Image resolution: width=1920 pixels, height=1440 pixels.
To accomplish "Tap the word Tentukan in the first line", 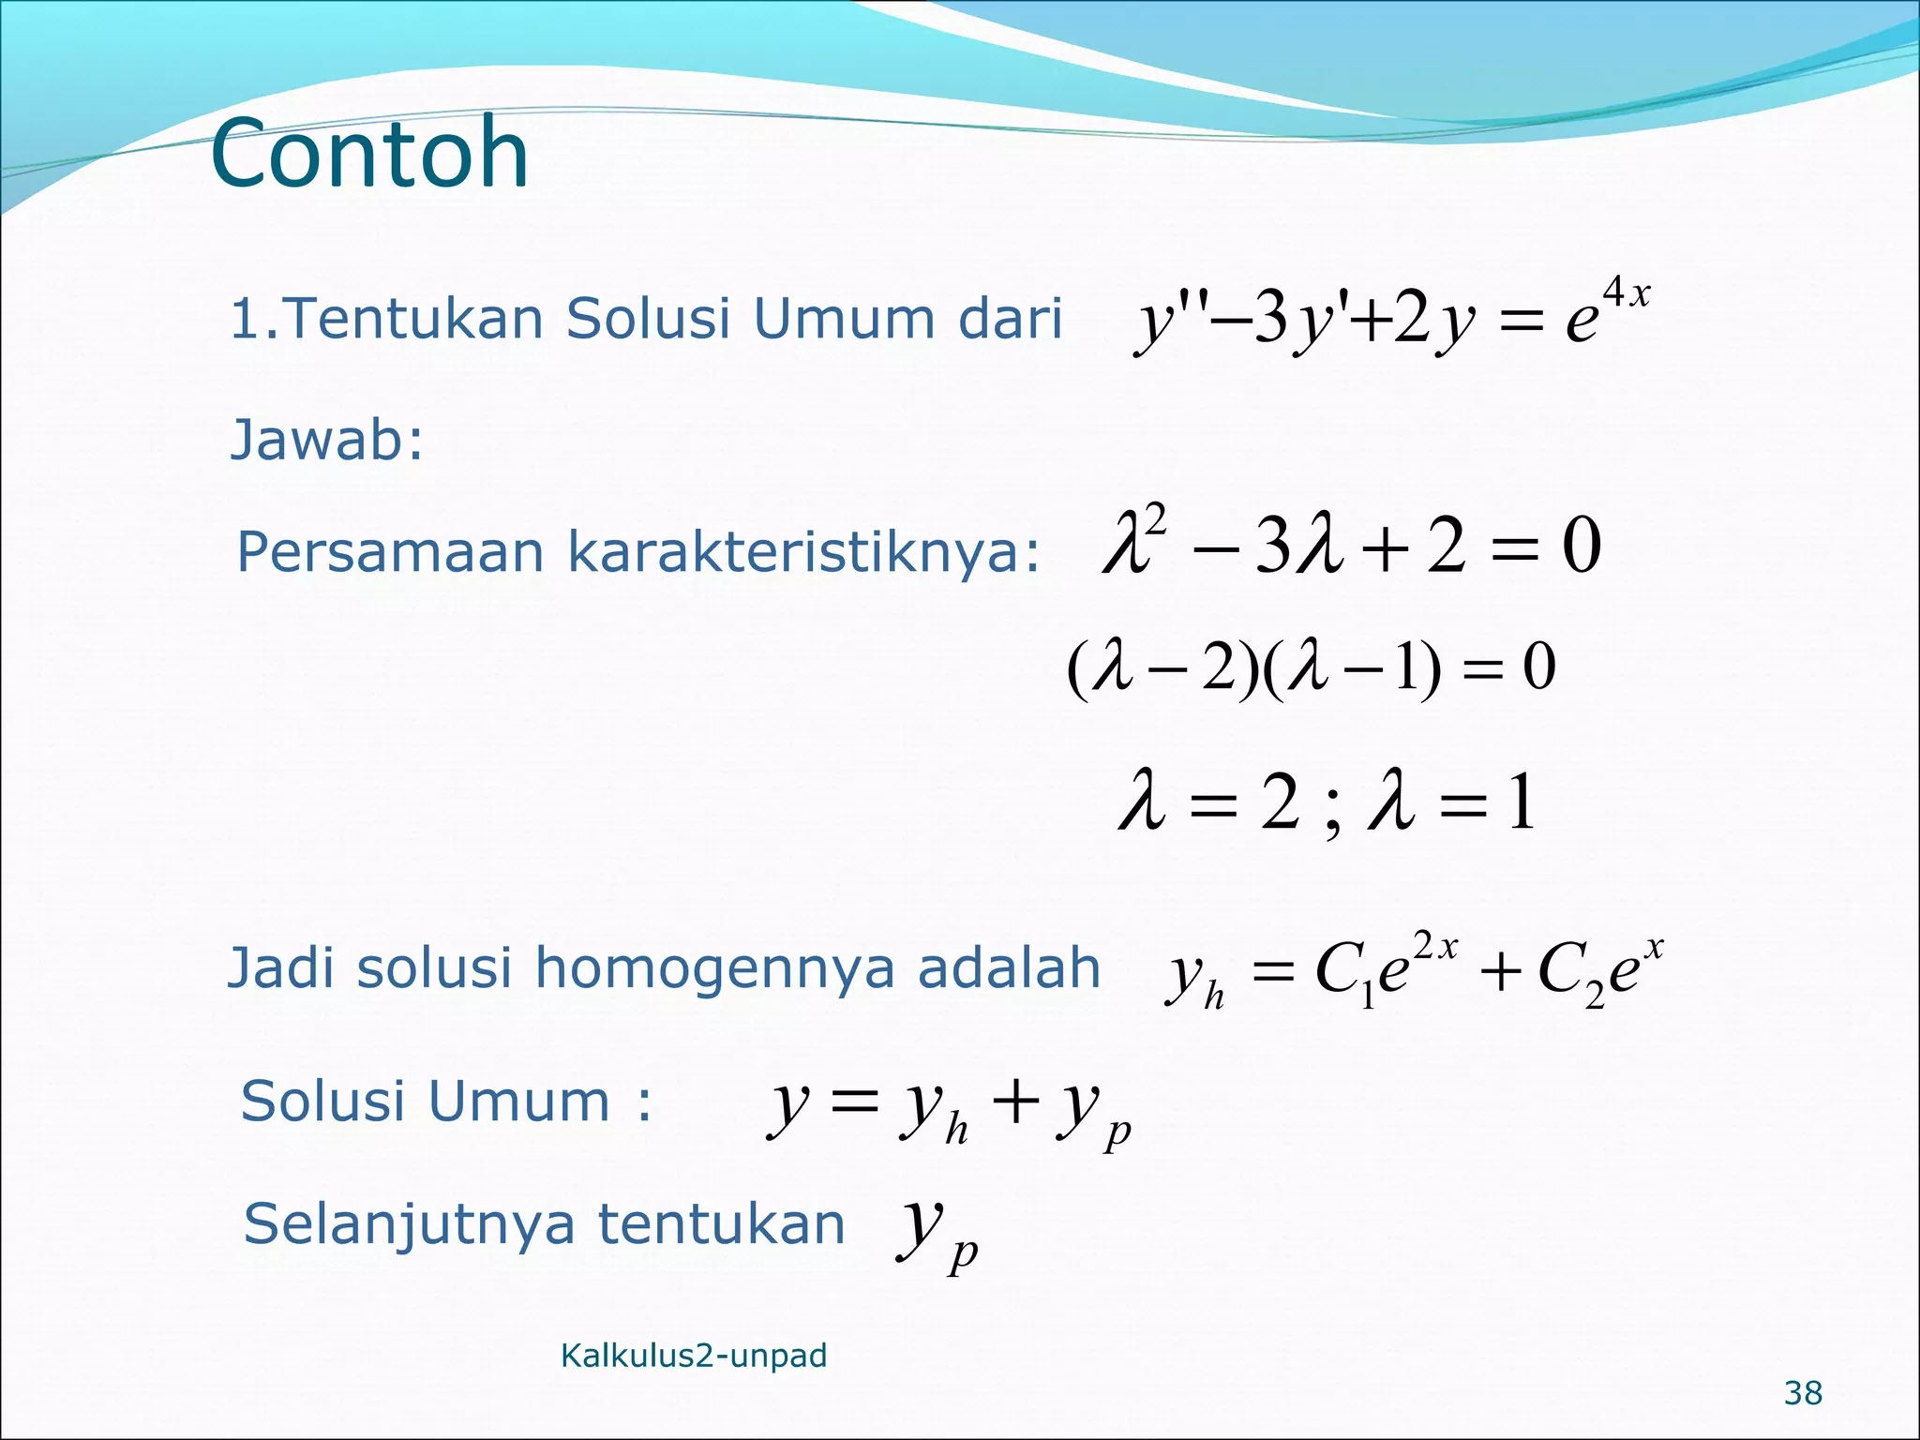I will pyautogui.click(x=413, y=319).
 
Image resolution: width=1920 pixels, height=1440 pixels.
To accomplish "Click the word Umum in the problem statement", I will pyautogui.click(x=844, y=319).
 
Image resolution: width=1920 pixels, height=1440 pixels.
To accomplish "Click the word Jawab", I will pyautogui.click(x=326, y=440).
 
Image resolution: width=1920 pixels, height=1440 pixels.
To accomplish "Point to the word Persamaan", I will pyautogui.click(x=390, y=552).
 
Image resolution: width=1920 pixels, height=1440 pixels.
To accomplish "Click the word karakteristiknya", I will pyautogui.click(x=803, y=552).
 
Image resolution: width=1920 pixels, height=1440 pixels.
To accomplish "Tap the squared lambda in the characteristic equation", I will pyautogui.click(x=1134, y=541).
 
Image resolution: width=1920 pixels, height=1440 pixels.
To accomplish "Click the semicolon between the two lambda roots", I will pyautogui.click(x=1334, y=814).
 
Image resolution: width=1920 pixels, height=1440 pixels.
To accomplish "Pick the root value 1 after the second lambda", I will pyautogui.click(x=1521, y=802).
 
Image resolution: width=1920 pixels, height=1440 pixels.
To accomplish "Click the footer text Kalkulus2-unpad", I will pyautogui.click(x=694, y=1356).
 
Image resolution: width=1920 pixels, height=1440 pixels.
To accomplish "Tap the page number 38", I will pyautogui.click(x=1803, y=1393).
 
